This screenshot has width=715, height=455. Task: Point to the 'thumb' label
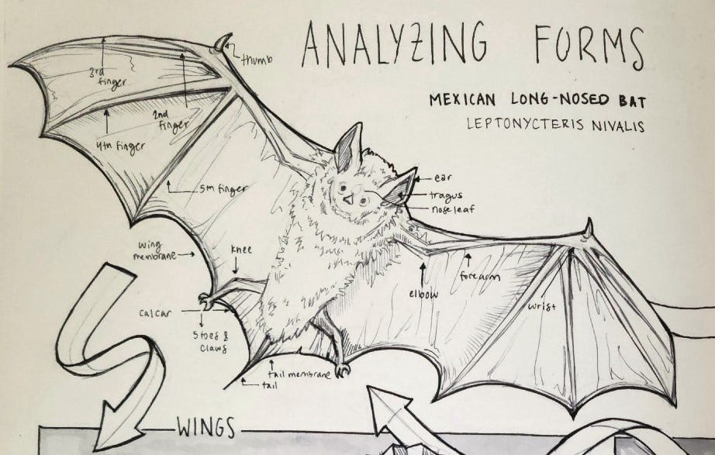pos(257,58)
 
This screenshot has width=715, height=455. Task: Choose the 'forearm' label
pos(480,276)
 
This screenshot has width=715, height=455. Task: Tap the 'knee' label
pos(237,250)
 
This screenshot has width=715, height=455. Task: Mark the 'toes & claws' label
pos(210,342)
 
